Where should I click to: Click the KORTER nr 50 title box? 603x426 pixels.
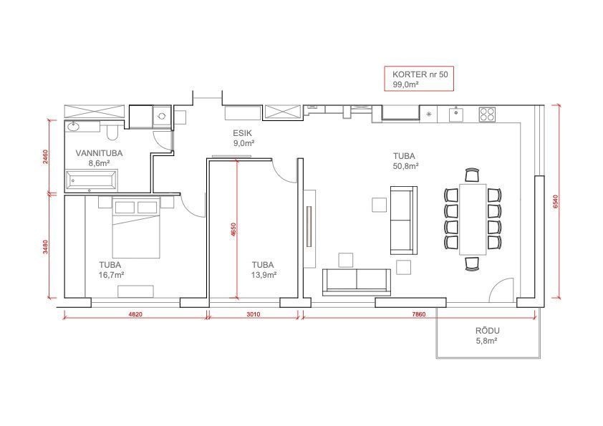[419, 79]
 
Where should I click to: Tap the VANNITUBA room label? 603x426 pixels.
[99, 153]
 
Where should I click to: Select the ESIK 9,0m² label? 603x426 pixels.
[243, 138]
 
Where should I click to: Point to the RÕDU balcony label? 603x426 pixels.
[487, 331]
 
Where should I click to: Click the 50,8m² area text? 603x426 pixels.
[405, 166]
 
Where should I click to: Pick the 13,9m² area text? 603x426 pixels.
[264, 275]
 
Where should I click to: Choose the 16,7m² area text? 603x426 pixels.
[111, 275]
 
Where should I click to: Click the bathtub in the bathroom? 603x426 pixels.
[91, 180]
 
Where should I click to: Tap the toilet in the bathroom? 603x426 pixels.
[112, 130]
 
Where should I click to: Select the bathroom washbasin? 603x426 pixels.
[73, 126]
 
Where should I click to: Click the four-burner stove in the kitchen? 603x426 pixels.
[487, 114]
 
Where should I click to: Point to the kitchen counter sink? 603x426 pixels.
[455, 114]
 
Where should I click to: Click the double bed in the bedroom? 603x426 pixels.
[136, 227]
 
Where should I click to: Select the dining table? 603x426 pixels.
[473, 219]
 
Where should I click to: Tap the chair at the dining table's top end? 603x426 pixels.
[472, 175]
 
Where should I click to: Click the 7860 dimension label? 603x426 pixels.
[419, 314]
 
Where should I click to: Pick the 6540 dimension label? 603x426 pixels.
[555, 202]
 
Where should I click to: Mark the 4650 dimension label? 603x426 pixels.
[233, 230]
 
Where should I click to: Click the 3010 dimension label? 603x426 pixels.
[253, 314]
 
